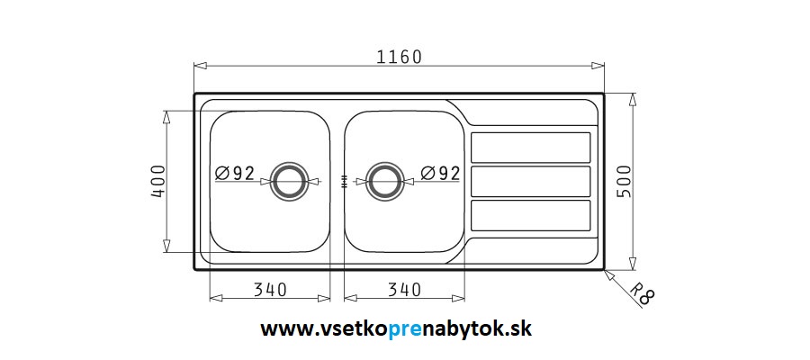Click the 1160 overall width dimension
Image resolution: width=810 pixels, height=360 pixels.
click(x=399, y=57)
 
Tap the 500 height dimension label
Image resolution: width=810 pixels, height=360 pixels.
click(x=624, y=181)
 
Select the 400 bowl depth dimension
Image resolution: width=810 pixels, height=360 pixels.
click(x=158, y=181)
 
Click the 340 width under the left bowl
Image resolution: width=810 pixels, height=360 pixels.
click(x=270, y=291)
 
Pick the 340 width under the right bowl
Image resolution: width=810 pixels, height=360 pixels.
click(x=404, y=291)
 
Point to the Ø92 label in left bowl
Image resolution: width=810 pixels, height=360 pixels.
click(x=235, y=173)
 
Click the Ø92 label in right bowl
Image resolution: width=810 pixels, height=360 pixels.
click(x=440, y=173)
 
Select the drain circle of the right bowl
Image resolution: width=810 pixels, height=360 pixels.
click(x=385, y=165)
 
